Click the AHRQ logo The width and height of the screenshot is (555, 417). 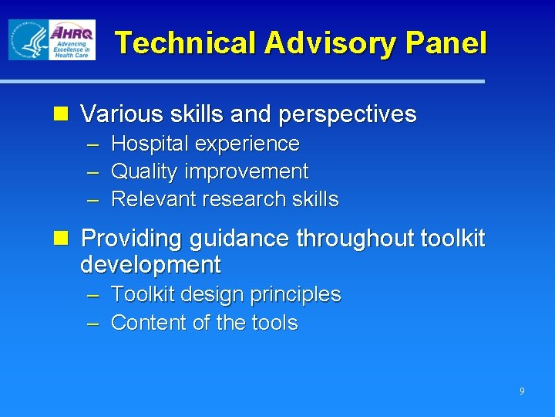(x=72, y=39)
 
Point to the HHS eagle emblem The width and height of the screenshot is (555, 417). (x=28, y=39)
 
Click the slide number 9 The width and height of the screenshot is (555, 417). (x=522, y=392)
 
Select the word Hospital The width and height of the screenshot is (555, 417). (x=150, y=144)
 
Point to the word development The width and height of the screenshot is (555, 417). (x=150, y=265)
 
